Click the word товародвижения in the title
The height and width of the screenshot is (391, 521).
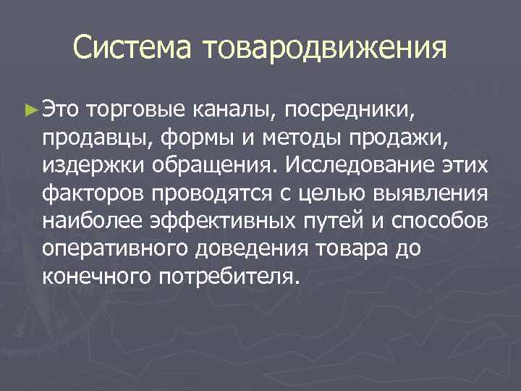click(x=325, y=49)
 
